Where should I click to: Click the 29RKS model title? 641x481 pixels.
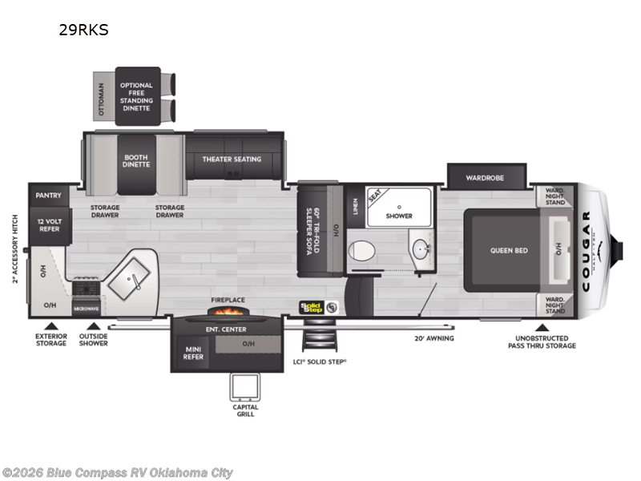click(x=83, y=31)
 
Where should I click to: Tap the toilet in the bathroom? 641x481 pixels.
click(x=362, y=250)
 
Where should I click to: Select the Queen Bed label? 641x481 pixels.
click(x=510, y=250)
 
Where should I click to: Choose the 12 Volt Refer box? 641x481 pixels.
click(x=49, y=224)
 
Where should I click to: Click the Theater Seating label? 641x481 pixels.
click(x=232, y=159)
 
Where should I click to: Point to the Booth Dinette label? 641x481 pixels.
click(x=136, y=161)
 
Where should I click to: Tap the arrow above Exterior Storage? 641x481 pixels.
click(x=52, y=325)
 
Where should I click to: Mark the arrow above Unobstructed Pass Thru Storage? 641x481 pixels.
click(x=542, y=327)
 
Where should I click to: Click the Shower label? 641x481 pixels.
click(x=399, y=216)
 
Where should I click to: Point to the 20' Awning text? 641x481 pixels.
click(x=435, y=338)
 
